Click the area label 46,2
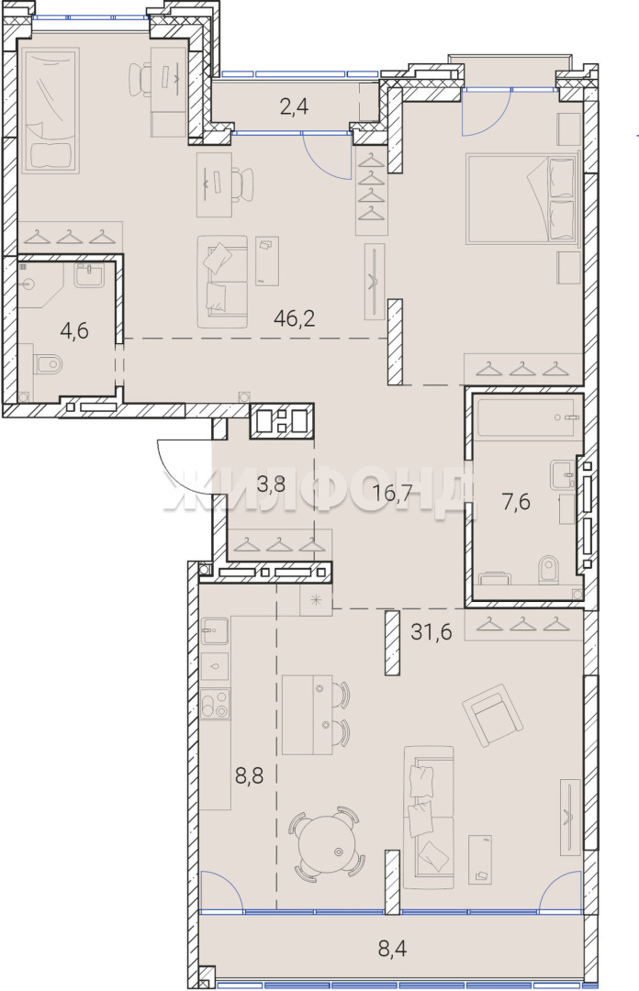tap(294, 317)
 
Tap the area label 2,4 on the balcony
tap(294, 106)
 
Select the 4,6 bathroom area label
tap(74, 330)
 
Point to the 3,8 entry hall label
tap(270, 485)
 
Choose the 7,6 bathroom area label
tap(516, 503)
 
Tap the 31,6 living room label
tap(432, 631)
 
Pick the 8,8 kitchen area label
tap(250, 774)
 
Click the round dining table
tap(328, 844)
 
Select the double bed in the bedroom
tap(522, 198)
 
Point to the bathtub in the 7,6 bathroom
tap(526, 417)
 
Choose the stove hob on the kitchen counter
tap(215, 704)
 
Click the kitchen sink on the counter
tap(215, 630)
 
